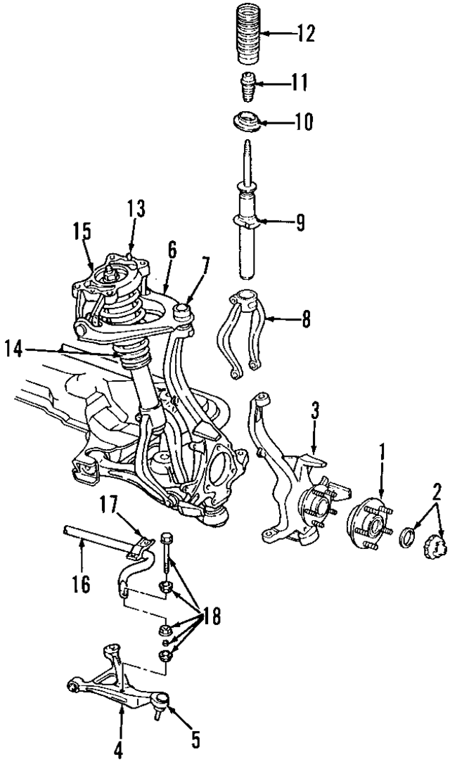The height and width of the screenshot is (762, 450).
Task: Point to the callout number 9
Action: (300, 224)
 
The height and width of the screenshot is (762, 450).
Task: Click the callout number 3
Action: (316, 412)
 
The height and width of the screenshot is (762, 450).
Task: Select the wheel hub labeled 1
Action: (369, 524)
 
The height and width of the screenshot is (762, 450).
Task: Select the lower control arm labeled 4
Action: (116, 680)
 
